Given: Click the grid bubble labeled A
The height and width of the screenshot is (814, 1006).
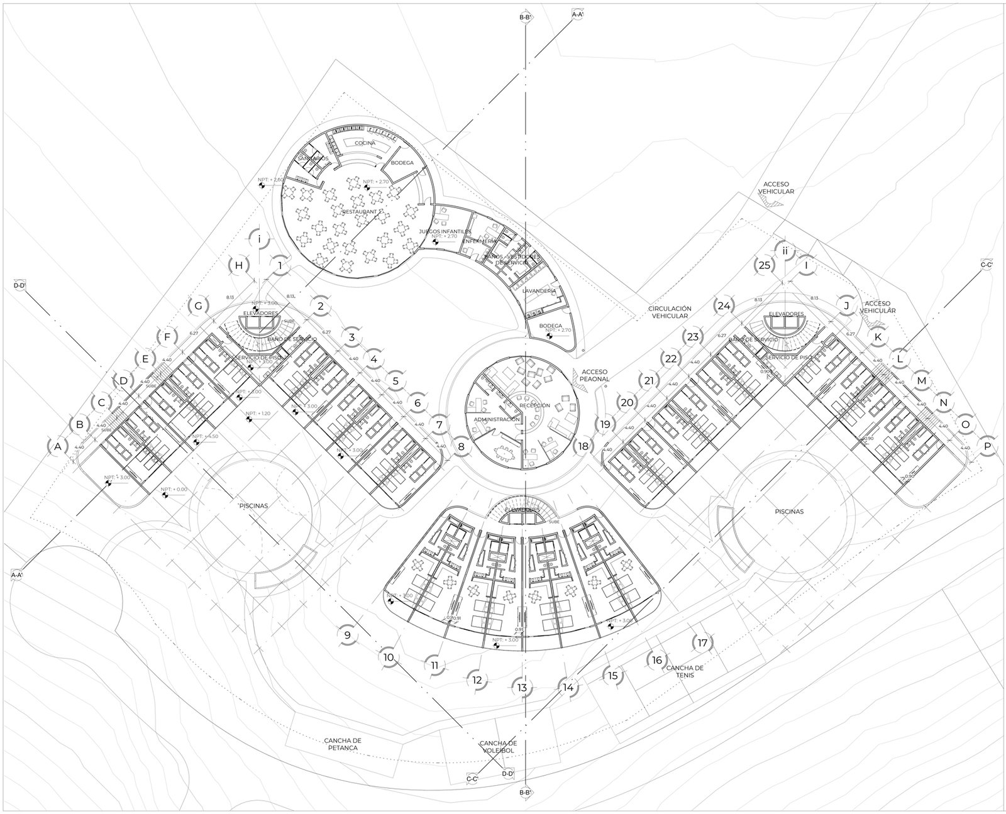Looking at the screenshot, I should [x=58, y=447].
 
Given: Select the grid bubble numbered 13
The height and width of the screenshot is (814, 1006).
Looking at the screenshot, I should [x=522, y=688].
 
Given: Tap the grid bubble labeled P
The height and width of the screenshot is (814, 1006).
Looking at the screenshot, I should [x=988, y=446].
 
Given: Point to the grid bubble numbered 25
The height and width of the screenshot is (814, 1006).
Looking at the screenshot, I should [x=765, y=265].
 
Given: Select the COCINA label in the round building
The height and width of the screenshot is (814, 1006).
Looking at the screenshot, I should [x=365, y=143].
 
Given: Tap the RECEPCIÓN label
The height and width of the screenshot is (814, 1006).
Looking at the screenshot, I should [x=534, y=405].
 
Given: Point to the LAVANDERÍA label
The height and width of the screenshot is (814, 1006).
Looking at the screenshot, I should [x=538, y=291].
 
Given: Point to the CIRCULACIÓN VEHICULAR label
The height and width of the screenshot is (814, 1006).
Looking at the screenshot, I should [x=671, y=312].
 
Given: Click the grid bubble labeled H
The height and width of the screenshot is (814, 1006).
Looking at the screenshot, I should [x=238, y=265].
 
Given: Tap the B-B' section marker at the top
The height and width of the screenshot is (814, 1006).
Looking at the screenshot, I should [x=525, y=18].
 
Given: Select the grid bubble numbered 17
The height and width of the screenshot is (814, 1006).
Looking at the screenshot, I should [x=702, y=643].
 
